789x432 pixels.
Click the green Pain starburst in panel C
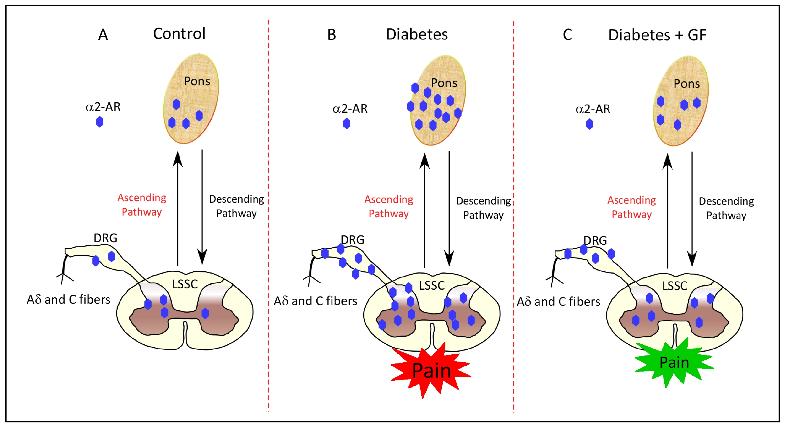(x=674, y=362)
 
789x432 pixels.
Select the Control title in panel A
(x=179, y=33)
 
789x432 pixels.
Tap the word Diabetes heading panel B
(x=417, y=34)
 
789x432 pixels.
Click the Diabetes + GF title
(x=657, y=35)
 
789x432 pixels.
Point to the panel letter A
(x=103, y=35)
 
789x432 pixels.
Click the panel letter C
(x=567, y=35)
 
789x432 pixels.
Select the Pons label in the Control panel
(x=197, y=81)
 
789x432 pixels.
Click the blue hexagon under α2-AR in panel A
(x=99, y=122)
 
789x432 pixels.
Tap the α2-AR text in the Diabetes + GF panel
(x=593, y=109)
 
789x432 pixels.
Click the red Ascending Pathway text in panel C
(x=631, y=207)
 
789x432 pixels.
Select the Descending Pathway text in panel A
(x=236, y=206)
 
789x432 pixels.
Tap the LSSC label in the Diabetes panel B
(x=432, y=285)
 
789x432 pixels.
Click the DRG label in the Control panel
(x=105, y=238)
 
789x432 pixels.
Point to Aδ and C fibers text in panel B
(x=316, y=301)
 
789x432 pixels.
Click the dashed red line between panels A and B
(x=269, y=215)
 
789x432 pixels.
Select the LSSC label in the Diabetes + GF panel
(x=675, y=286)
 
